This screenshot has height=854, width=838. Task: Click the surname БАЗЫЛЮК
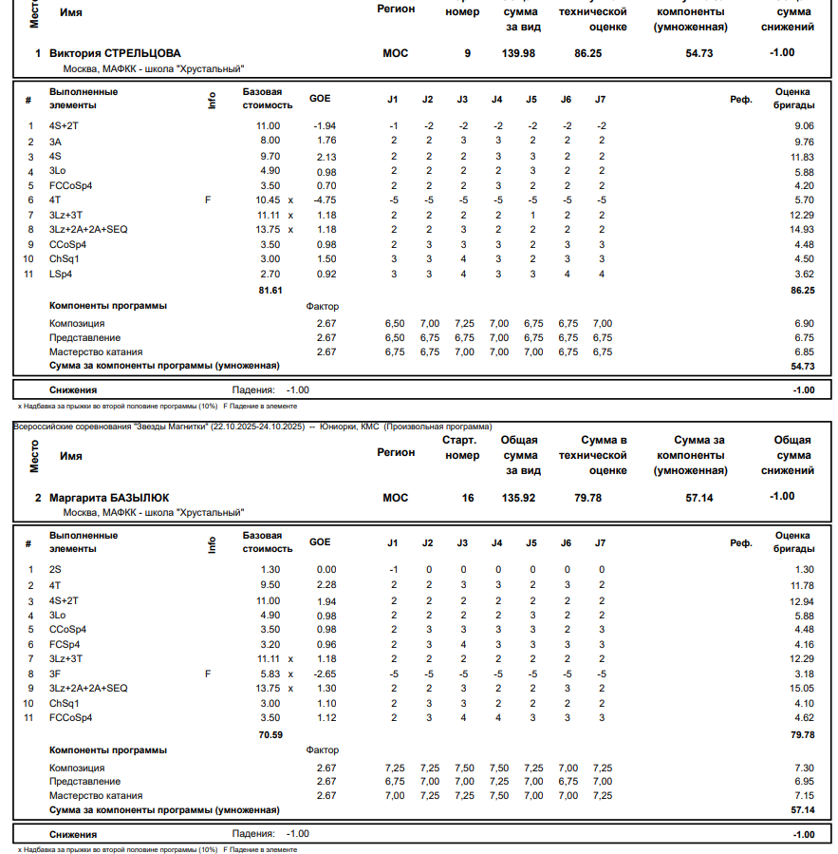point(133,497)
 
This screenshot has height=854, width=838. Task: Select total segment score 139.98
point(518,53)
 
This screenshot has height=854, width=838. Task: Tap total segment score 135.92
point(518,497)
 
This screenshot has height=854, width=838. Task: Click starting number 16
point(467,497)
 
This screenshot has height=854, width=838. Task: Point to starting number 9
point(467,53)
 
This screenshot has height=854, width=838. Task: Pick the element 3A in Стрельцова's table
point(55,142)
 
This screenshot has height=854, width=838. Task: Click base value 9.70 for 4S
point(268,156)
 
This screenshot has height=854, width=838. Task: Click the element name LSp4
point(61,275)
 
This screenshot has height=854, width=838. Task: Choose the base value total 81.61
point(270,290)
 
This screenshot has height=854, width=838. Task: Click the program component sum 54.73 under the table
point(803,366)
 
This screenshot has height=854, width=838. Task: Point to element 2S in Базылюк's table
point(55,570)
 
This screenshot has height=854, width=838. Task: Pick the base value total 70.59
point(270,733)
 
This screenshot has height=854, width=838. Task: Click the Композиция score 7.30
point(803,768)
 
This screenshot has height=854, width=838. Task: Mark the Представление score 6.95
point(803,781)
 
